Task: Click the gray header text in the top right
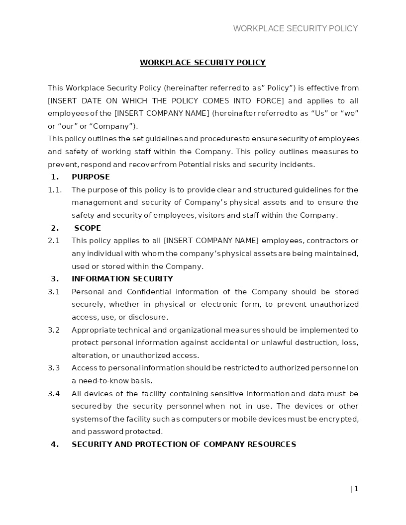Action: point(296,29)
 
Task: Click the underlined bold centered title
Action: point(203,63)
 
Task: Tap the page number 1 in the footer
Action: point(356,489)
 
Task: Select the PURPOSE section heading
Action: point(91,177)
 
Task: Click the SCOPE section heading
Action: point(88,228)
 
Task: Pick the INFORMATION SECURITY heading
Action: point(122,279)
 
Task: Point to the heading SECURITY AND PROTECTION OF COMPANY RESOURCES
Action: point(184,444)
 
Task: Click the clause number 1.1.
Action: point(55,190)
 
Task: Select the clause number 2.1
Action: point(54,241)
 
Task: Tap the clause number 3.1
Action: point(54,292)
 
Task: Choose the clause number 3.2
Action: point(54,330)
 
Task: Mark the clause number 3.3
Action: point(54,368)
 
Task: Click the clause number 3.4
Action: point(54,394)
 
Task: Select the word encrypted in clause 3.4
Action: point(339,419)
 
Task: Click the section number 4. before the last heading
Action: point(55,444)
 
